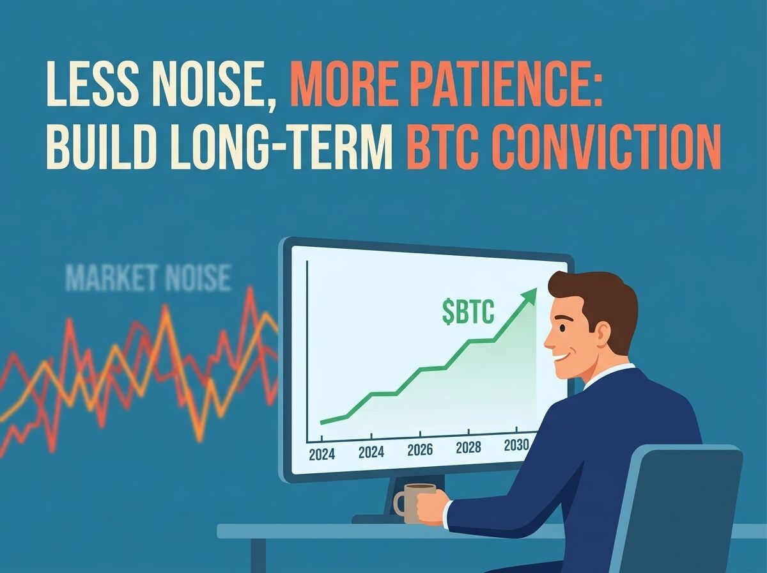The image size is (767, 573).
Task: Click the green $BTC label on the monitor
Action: [x=469, y=313]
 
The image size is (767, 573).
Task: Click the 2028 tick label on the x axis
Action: [x=469, y=447]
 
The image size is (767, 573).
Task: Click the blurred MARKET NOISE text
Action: [x=148, y=279]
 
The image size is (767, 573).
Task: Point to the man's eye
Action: [x=562, y=327]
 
